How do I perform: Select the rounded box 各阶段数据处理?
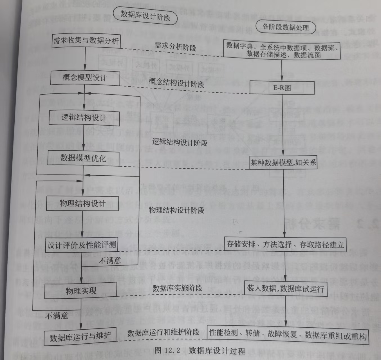point(286,27)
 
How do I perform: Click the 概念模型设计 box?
point(85,78)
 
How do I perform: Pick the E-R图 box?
point(282,88)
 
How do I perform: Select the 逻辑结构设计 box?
point(84,118)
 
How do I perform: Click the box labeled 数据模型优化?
point(83,158)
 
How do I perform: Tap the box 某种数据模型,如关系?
point(283,163)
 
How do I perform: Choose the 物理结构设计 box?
point(82,203)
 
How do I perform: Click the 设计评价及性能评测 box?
point(82,245)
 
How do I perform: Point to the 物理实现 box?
point(81,290)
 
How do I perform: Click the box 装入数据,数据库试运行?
point(286,289)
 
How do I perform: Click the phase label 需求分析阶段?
point(175,46)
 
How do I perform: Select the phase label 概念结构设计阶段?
point(176,83)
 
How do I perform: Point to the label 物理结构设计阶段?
point(176,210)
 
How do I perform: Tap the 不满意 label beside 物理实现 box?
point(57,316)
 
